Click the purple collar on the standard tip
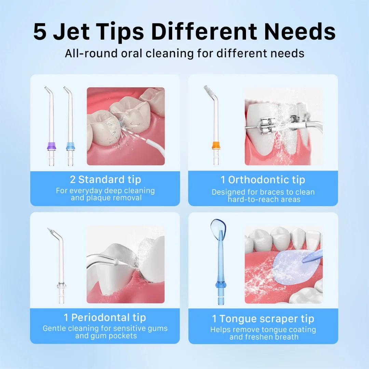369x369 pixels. point(51,146)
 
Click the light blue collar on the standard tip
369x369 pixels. point(70,146)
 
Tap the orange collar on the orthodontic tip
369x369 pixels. point(216,145)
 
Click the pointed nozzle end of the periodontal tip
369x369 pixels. point(50,231)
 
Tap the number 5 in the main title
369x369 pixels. point(40,31)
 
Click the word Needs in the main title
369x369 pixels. point(300,31)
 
